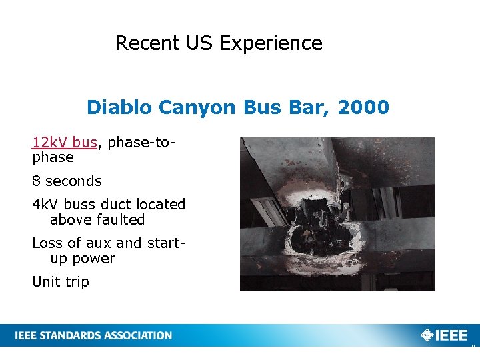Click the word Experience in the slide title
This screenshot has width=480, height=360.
[x=271, y=44]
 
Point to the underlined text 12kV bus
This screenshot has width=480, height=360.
[x=65, y=142]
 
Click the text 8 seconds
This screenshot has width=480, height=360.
[x=67, y=181]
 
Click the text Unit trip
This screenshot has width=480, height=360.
[x=61, y=282]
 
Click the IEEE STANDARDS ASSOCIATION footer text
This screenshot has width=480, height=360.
[x=93, y=335]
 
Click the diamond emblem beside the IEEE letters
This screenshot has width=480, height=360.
[x=427, y=335]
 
